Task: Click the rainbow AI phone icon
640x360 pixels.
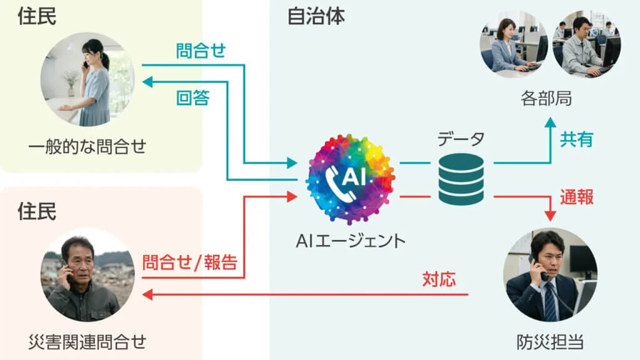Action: [x=351, y=179]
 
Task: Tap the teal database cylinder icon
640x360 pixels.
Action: [x=461, y=179]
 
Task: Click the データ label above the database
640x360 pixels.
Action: [x=461, y=139]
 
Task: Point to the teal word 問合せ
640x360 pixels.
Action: [x=201, y=51]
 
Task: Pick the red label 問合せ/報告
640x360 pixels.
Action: [x=189, y=262]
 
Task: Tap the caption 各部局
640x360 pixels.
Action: [x=546, y=99]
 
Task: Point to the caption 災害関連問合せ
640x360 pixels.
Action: [x=87, y=342]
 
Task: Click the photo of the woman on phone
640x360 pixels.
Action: [x=87, y=79]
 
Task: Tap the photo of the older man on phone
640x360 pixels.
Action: [x=87, y=275]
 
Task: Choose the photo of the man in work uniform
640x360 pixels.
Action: [x=586, y=44]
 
